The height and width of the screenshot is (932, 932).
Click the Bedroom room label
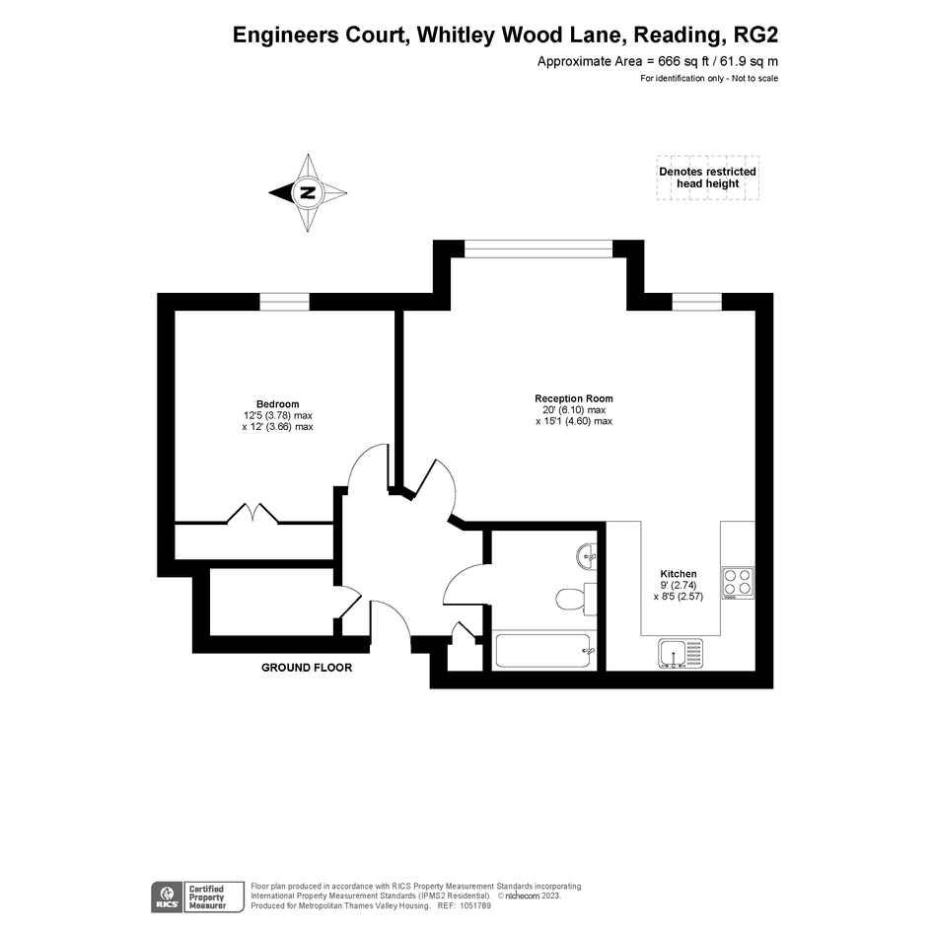coord(277,404)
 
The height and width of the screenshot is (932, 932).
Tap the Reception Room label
coord(574,398)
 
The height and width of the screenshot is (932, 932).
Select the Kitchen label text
coord(679,574)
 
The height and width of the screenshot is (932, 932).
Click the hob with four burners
coord(738,583)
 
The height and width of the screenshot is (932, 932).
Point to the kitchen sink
coord(681,653)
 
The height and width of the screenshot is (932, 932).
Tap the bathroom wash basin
coord(587,557)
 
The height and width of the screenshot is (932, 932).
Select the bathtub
coord(543,651)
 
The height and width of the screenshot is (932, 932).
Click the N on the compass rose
coord(308,192)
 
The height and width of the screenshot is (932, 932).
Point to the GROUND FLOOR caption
coord(307,668)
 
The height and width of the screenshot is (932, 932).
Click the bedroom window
coord(285,302)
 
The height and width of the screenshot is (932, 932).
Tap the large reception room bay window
coord(538,250)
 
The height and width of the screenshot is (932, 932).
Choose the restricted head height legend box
coord(708,178)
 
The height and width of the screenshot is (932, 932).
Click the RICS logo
coord(168,896)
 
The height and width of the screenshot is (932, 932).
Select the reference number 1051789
coord(472,905)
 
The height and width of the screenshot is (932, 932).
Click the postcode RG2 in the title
coord(756,36)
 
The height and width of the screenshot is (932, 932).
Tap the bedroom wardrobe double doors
coord(252,513)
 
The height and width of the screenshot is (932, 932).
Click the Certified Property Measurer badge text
coord(207,897)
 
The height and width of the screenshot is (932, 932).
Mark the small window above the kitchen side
coord(697,302)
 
